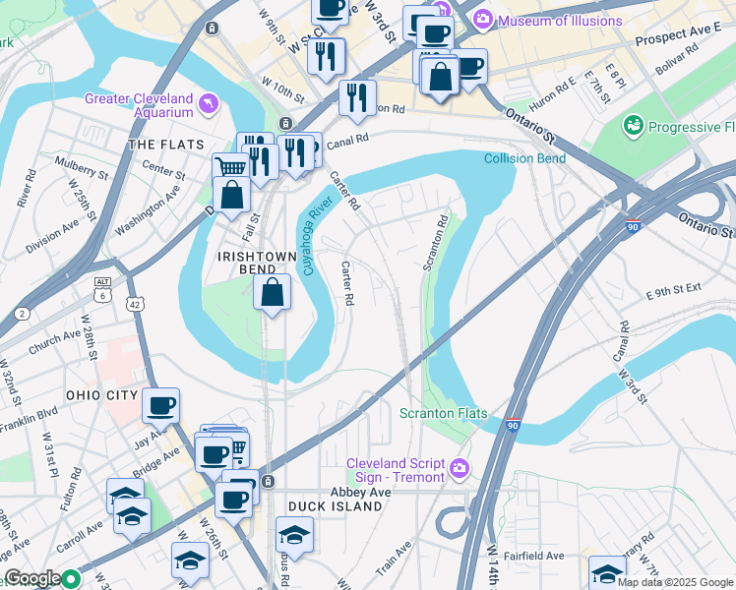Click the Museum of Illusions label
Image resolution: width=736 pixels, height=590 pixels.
point(560,20)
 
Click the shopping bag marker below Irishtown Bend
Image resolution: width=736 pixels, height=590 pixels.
point(272,292)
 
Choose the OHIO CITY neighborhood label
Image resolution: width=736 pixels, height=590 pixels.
point(97,394)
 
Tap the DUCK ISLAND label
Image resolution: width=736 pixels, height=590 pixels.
point(335,506)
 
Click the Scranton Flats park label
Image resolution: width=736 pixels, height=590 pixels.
point(444,414)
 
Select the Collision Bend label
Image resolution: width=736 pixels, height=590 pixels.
point(524,158)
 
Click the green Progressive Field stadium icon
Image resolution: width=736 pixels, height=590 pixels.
point(632,126)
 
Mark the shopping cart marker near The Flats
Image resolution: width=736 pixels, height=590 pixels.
point(229,166)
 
